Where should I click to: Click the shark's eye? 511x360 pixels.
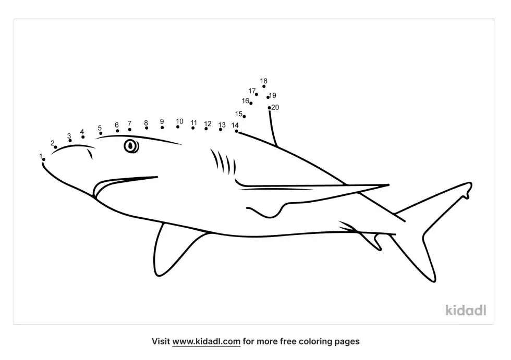click(x=131, y=146)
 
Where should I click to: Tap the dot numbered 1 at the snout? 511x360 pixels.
click(x=44, y=159)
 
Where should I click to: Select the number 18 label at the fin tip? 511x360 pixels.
click(x=264, y=81)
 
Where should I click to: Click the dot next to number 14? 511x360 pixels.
click(x=236, y=131)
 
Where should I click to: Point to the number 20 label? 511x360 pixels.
click(x=275, y=107)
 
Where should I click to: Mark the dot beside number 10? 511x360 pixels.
click(x=178, y=127)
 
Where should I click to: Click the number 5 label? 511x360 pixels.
click(x=100, y=128)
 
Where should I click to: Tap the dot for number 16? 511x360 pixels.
click(x=251, y=103)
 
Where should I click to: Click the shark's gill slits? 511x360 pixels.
click(x=223, y=162)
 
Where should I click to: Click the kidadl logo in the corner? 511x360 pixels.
click(x=466, y=310)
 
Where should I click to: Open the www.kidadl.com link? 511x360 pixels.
click(x=206, y=341)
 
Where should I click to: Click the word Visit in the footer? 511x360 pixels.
click(x=161, y=341)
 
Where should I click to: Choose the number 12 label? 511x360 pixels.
click(x=208, y=123)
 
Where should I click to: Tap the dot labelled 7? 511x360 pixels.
click(x=130, y=130)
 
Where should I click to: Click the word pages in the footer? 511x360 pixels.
click(x=347, y=342)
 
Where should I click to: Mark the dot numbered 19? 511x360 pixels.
click(x=268, y=97)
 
